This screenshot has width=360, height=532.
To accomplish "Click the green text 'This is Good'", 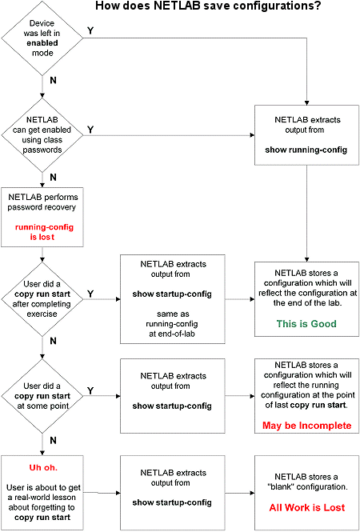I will (x=305, y=324).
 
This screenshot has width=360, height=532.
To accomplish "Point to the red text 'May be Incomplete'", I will (x=305, y=426).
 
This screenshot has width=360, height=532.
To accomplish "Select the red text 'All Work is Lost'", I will (x=305, y=506).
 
